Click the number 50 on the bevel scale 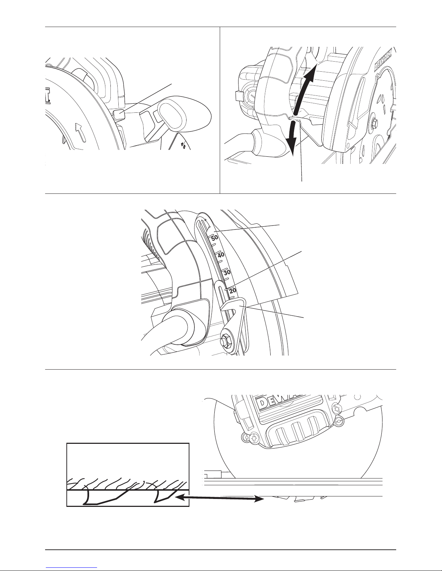pos(215,238)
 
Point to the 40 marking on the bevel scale pos(221,255)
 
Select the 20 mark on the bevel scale pos(233,290)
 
